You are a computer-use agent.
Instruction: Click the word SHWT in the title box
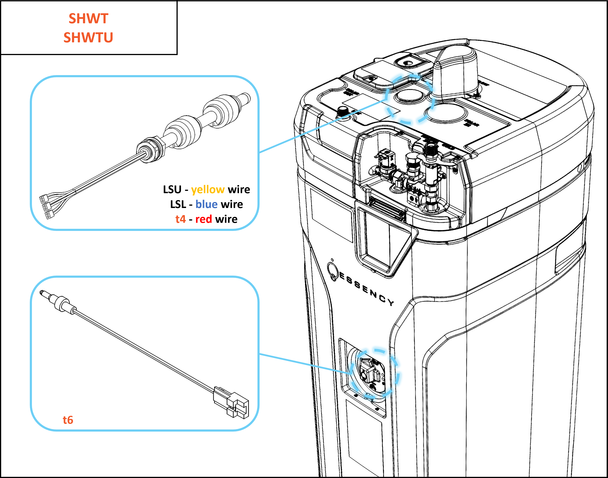point(88,19)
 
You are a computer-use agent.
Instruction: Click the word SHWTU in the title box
point(88,38)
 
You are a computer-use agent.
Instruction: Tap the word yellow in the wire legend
point(208,190)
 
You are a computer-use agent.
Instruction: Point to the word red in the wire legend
point(203,219)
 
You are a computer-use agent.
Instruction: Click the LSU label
point(172,190)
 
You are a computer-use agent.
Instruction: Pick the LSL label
point(178,204)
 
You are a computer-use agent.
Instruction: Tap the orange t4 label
point(181,219)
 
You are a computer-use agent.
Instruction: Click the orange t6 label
point(68,420)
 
